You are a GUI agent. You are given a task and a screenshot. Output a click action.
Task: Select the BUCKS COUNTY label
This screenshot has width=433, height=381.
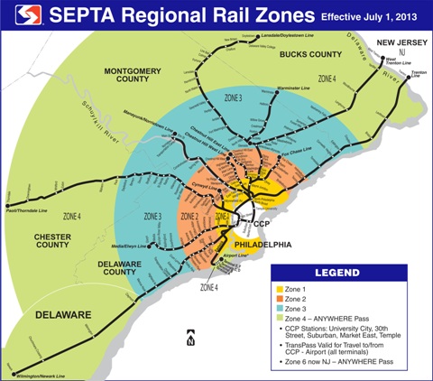[311, 57]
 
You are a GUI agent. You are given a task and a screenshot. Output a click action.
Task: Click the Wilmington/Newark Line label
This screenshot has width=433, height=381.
[38, 371]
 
